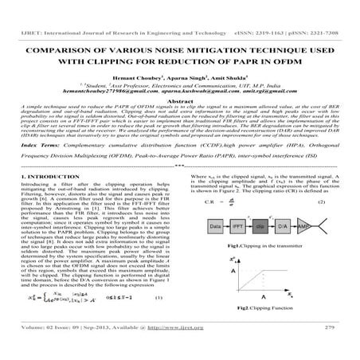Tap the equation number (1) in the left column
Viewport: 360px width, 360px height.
pyautogui.click(x=158, y=320)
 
